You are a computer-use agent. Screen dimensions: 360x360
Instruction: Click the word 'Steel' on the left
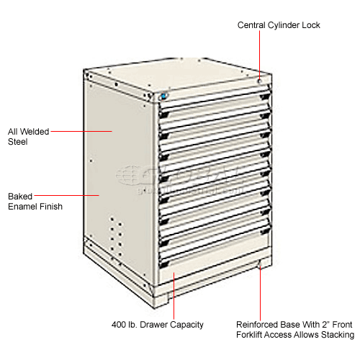pos(18,142)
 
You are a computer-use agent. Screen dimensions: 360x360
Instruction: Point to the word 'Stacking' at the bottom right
pos(336,335)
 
